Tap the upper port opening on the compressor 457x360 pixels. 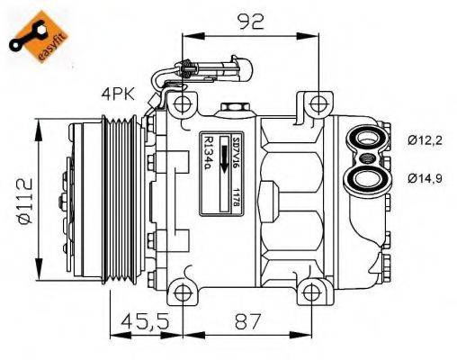[x=366, y=139]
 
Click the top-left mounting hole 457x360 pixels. [x=183, y=104]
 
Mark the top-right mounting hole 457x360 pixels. [x=314, y=104]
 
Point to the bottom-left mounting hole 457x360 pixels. [x=183, y=292]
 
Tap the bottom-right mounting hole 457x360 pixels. [x=313, y=292]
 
